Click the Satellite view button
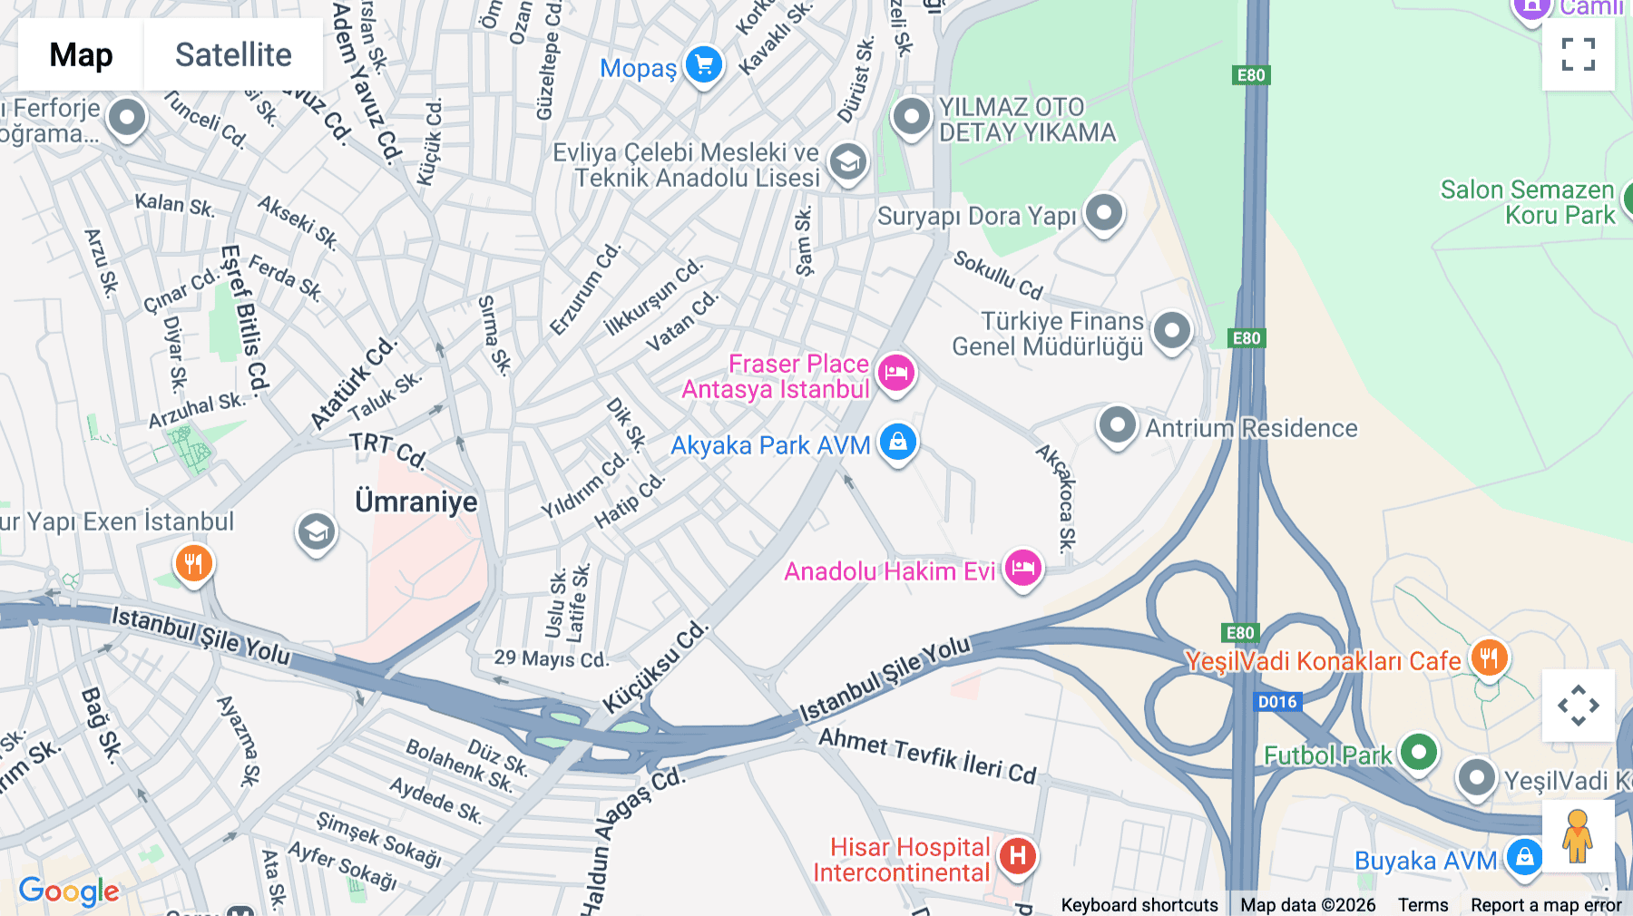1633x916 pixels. pyautogui.click(x=233, y=54)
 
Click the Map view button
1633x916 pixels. pyautogui.click(x=81, y=54)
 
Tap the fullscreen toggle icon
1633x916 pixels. pyautogui.click(x=1578, y=54)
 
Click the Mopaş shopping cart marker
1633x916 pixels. pyautogui.click(x=703, y=65)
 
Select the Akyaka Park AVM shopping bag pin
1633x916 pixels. pyautogui.click(x=897, y=443)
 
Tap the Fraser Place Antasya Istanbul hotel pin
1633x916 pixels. pyautogui.click(x=895, y=372)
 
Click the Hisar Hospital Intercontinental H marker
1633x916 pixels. pyautogui.click(x=1017, y=855)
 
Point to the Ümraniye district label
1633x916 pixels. pyautogui.click(x=416, y=502)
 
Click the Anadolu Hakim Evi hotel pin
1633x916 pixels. pyautogui.click(x=1022, y=569)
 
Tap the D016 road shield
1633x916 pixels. pyautogui.click(x=1277, y=701)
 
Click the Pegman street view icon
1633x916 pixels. pyautogui.click(x=1578, y=835)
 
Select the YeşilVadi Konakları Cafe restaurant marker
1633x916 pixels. pyautogui.click(x=1488, y=657)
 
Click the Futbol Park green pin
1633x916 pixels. pyautogui.click(x=1418, y=752)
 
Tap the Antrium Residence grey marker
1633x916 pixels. pyautogui.click(x=1117, y=424)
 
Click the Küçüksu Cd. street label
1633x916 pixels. pyautogui.click(x=654, y=668)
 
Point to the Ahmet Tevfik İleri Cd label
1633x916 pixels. pyautogui.click(x=927, y=755)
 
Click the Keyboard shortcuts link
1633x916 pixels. pyautogui.click(x=1139, y=905)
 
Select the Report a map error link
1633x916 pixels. pyautogui.click(x=1545, y=905)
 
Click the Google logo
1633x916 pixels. pyautogui.click(x=68, y=891)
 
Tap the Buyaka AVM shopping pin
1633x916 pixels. pyautogui.click(x=1523, y=856)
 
